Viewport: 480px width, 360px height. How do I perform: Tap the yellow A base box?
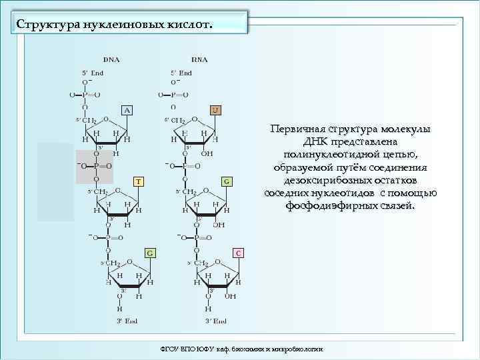(x=127, y=109)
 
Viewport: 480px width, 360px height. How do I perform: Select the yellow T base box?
(x=137, y=181)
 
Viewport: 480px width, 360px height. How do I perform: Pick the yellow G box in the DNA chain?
(x=151, y=253)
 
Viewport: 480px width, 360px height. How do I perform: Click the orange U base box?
(x=216, y=109)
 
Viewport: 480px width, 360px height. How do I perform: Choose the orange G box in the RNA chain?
(x=227, y=181)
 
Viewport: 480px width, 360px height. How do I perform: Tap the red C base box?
(x=239, y=253)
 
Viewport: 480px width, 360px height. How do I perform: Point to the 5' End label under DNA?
(x=93, y=72)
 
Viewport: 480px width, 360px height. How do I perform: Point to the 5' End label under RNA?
(x=181, y=72)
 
